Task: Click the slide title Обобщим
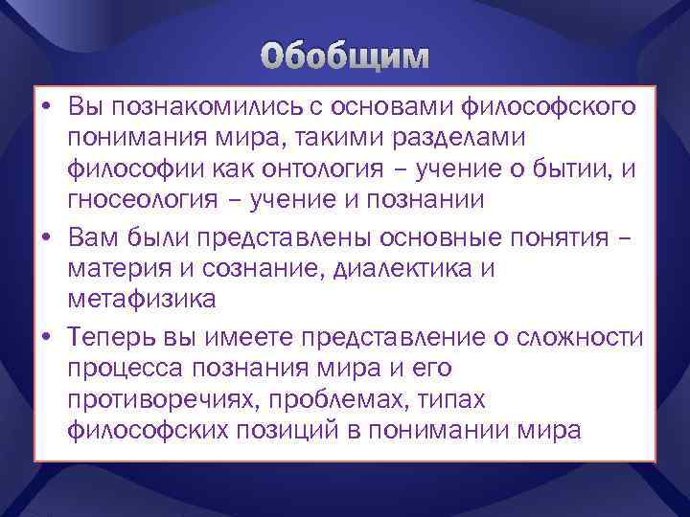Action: [x=344, y=58]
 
